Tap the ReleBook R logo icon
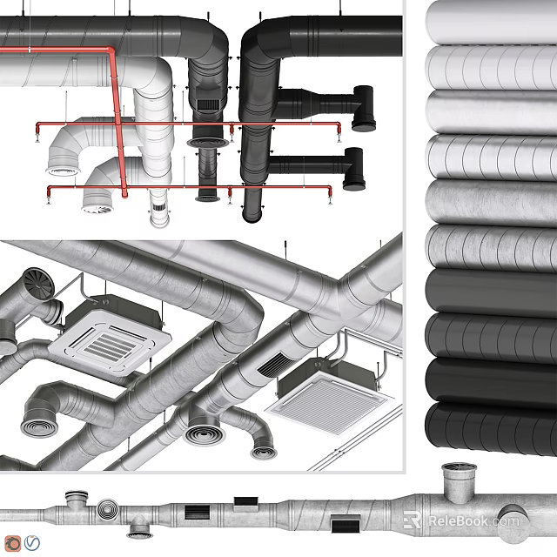(x=413, y=520)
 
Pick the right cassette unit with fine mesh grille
(x=324, y=401)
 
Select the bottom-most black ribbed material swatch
(x=492, y=426)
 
